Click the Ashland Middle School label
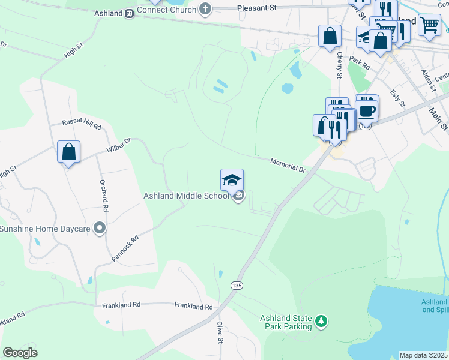pos(186,196)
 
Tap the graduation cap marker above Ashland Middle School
pos(232,180)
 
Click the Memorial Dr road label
pos(288,165)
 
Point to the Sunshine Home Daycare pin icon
pos(100,228)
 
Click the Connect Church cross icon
pos(205,9)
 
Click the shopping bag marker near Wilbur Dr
pos(69,152)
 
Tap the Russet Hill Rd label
pos(82,124)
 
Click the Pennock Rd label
pos(125,248)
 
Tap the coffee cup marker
pos(367,110)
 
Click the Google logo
pos(20,353)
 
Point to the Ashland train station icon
pos(130,13)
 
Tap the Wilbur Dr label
pos(119,145)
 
